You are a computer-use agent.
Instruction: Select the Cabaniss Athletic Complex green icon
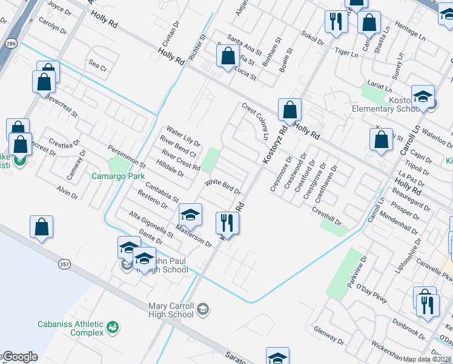point(111,328)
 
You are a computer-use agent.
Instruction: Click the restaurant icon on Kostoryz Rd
point(227,222)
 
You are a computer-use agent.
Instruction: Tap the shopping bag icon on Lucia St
point(228,57)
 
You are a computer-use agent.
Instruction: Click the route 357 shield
point(64,264)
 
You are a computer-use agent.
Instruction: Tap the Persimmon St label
point(127,157)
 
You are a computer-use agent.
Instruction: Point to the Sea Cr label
point(98,65)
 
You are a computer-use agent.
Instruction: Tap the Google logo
point(19,357)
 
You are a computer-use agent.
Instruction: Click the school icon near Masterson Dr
point(190,215)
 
